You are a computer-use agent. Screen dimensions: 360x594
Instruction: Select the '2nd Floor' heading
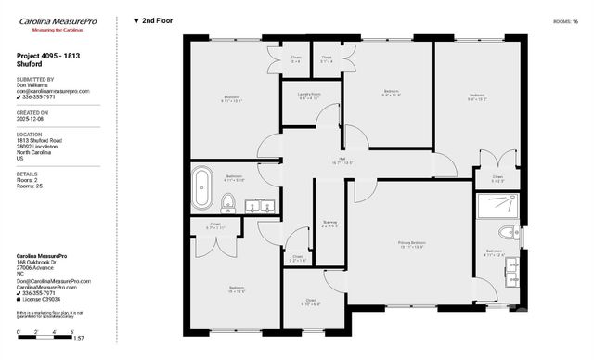(155, 19)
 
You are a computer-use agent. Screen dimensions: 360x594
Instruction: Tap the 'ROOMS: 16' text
(564, 19)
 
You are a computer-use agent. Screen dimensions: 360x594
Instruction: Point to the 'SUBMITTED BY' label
(35, 80)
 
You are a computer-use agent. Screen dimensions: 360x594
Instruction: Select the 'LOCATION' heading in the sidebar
(30, 134)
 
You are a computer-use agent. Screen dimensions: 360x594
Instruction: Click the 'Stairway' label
(329, 223)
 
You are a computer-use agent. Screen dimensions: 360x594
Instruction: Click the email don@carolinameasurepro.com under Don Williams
(53, 91)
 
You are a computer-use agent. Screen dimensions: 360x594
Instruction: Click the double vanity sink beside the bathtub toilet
(260, 206)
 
